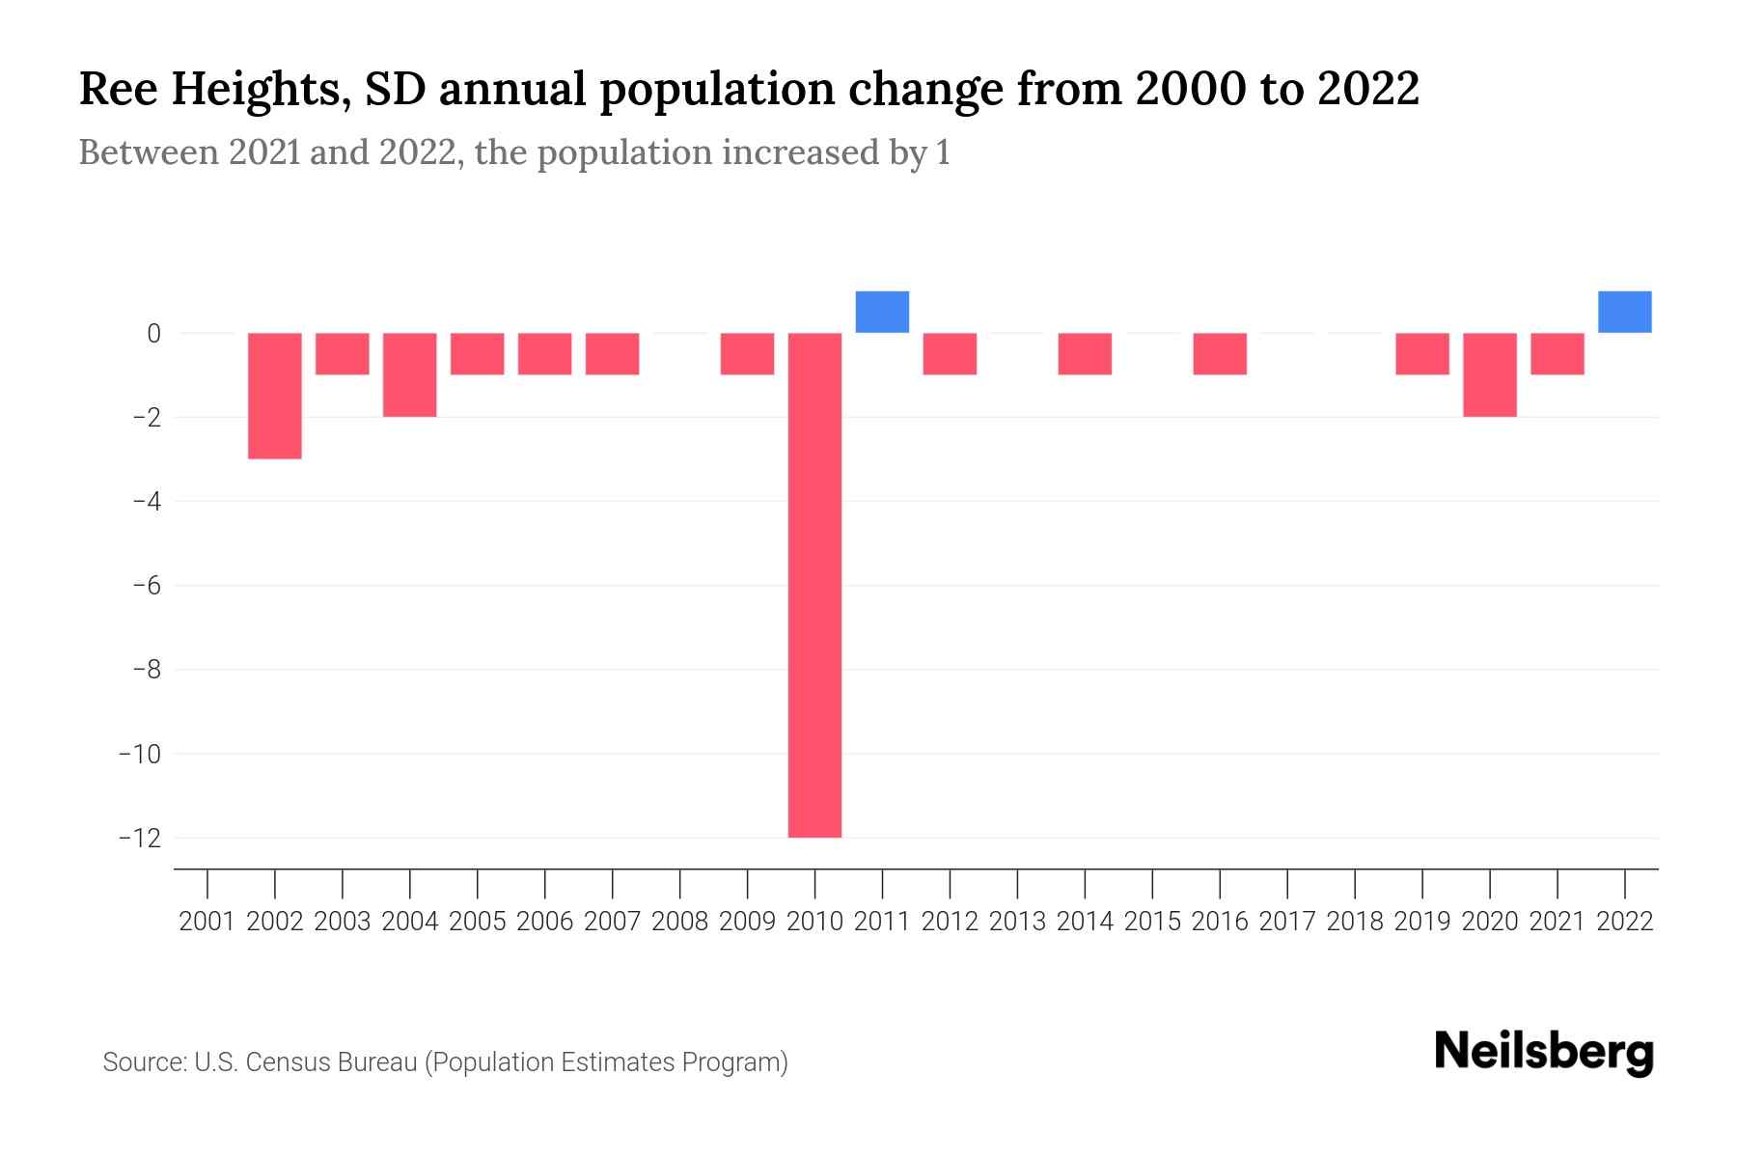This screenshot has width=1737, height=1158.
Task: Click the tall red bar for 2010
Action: [x=814, y=585]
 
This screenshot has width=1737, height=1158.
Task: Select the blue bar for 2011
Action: [x=882, y=312]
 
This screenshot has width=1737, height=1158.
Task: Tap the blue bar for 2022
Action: [x=1624, y=312]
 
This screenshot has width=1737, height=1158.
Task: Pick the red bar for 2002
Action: [x=275, y=396]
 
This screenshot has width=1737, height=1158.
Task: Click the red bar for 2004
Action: [x=410, y=374]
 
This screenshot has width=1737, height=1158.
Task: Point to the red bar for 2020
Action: [x=1489, y=374]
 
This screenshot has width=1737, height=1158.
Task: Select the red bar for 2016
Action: [x=1220, y=354]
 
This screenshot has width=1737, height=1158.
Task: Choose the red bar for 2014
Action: [x=1085, y=354]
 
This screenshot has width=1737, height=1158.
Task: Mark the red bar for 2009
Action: [x=747, y=354]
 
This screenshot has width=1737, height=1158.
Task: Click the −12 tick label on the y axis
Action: [x=140, y=838]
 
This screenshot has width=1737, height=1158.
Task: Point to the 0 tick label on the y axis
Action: [x=153, y=334]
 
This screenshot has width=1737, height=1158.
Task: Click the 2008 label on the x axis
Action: [x=679, y=922]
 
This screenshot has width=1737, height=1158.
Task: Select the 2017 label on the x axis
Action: [x=1287, y=922]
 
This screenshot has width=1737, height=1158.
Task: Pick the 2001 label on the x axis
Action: [x=207, y=922]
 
